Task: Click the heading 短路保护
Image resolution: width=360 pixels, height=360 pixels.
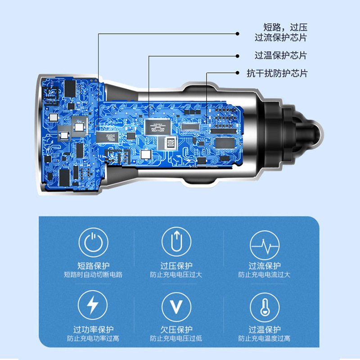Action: (93, 265)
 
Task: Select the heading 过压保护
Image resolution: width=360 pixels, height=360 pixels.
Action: (177, 265)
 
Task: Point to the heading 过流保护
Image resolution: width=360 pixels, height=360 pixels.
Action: (265, 265)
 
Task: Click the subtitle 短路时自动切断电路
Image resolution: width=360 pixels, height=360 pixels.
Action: (93, 274)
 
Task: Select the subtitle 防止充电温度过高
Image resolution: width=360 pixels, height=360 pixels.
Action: (265, 338)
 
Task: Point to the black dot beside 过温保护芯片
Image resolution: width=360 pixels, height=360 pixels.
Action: (238, 56)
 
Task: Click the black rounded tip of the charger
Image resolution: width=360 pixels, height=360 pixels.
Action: (312, 134)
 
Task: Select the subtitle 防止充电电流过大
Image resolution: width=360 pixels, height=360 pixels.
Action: (265, 274)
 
